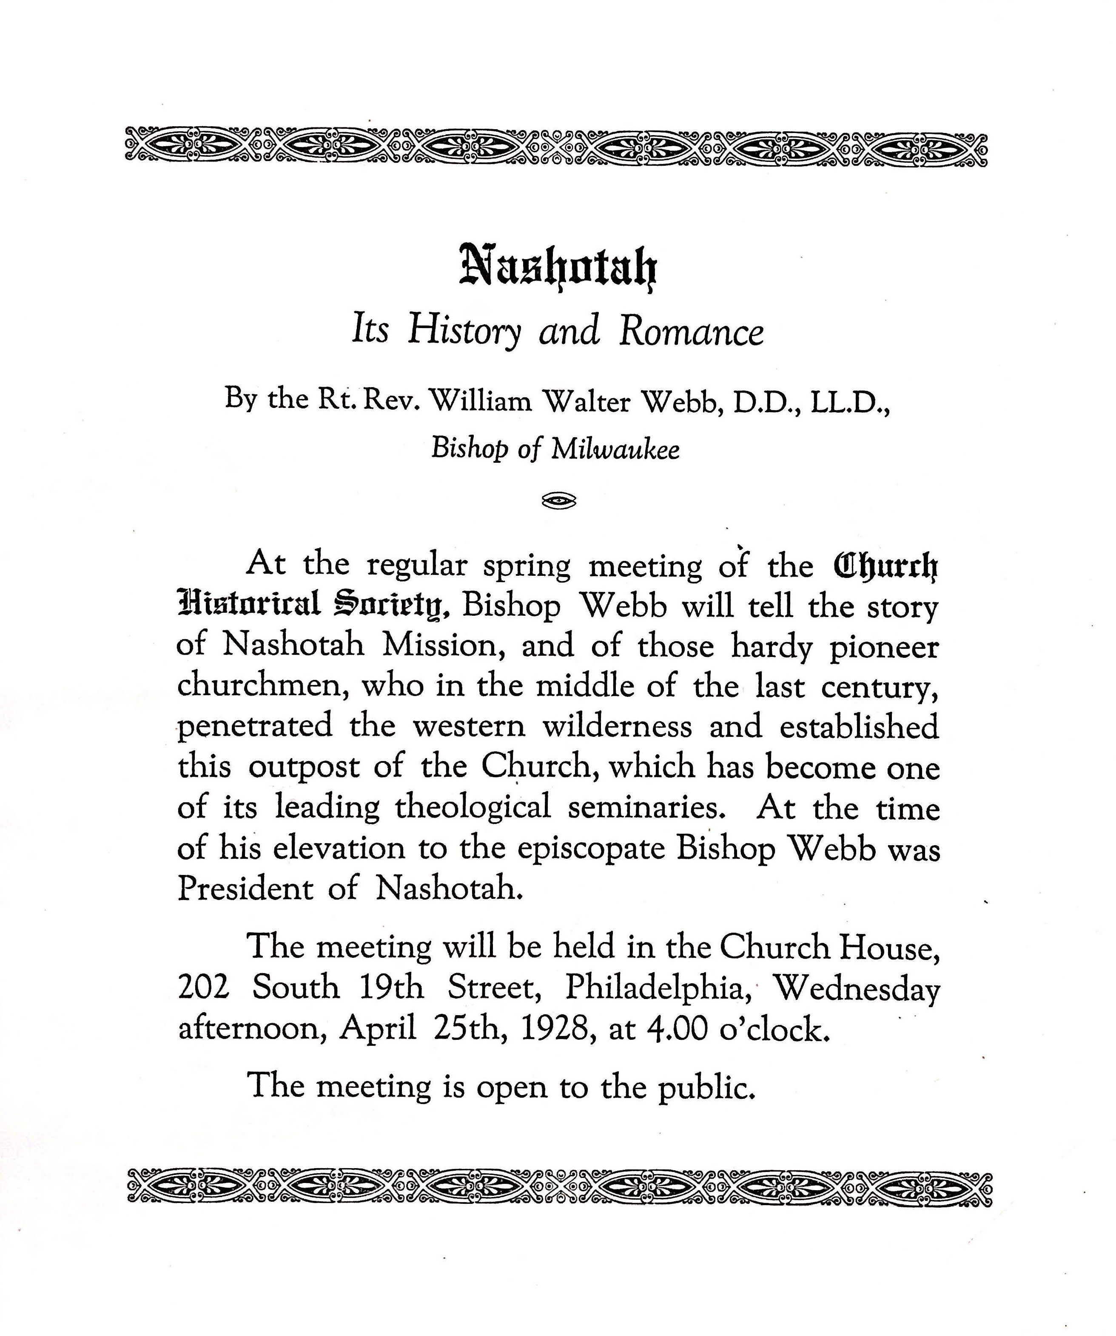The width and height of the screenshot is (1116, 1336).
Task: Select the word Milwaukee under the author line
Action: coord(615,450)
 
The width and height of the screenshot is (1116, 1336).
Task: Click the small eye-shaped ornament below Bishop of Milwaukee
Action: coord(558,502)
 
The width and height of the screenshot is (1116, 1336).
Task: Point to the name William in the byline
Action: coord(481,402)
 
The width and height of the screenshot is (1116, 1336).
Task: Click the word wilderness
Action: coord(616,727)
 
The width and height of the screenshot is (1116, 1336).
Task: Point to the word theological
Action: coord(473,808)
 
